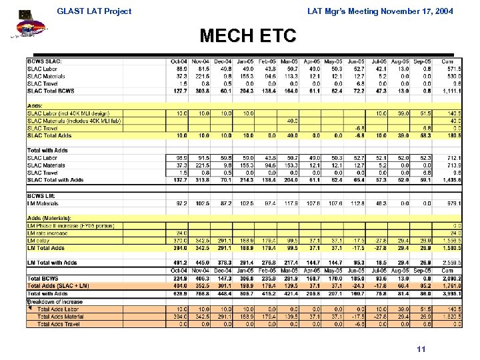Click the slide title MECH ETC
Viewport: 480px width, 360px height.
239,35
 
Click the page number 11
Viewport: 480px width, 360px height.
420,349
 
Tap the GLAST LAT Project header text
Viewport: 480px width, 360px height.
94,11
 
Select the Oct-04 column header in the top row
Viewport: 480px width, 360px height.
179,61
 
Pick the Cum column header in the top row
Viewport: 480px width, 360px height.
453,61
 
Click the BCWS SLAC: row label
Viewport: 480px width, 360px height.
45,61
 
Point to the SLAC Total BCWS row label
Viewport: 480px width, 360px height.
51,91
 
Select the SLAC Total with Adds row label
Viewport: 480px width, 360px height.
55,180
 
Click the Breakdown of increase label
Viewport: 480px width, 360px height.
55,301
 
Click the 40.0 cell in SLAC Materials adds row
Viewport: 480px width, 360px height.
291,121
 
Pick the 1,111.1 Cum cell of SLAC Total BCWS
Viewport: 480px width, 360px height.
451,91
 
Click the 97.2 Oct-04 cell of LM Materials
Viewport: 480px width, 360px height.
180,203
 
